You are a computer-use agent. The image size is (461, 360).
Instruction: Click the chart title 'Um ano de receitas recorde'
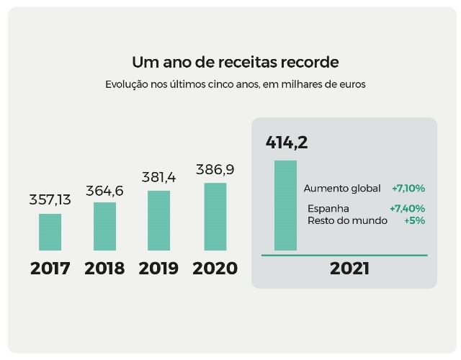pyautogui.click(x=235, y=62)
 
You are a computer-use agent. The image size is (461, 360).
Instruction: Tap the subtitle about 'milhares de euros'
pyautogui.click(x=235, y=84)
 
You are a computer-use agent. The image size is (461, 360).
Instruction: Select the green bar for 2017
pyautogui.click(x=50, y=232)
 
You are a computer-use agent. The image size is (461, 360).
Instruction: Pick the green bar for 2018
pyautogui.click(x=105, y=226)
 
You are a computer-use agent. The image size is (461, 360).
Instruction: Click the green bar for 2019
pyautogui.click(x=159, y=220)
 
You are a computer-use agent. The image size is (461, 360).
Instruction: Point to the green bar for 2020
pyautogui.click(x=215, y=217)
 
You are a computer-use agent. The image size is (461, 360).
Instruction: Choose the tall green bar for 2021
pyautogui.click(x=285, y=205)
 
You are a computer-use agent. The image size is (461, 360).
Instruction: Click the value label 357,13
pyautogui.click(x=50, y=200)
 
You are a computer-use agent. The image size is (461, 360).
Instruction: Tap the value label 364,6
pyautogui.click(x=105, y=191)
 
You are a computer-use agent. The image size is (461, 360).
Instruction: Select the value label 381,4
pyautogui.click(x=159, y=177)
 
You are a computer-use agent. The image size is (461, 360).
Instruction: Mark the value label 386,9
pyautogui.click(x=215, y=170)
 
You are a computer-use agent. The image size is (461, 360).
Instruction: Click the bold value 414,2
pyautogui.click(x=287, y=143)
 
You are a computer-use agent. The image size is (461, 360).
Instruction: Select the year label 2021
pyautogui.click(x=349, y=269)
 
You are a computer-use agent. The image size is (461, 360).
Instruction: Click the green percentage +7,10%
pyautogui.click(x=408, y=189)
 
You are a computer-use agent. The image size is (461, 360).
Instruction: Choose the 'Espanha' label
pyautogui.click(x=328, y=209)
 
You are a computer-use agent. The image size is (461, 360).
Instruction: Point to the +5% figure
pyautogui.click(x=414, y=220)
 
